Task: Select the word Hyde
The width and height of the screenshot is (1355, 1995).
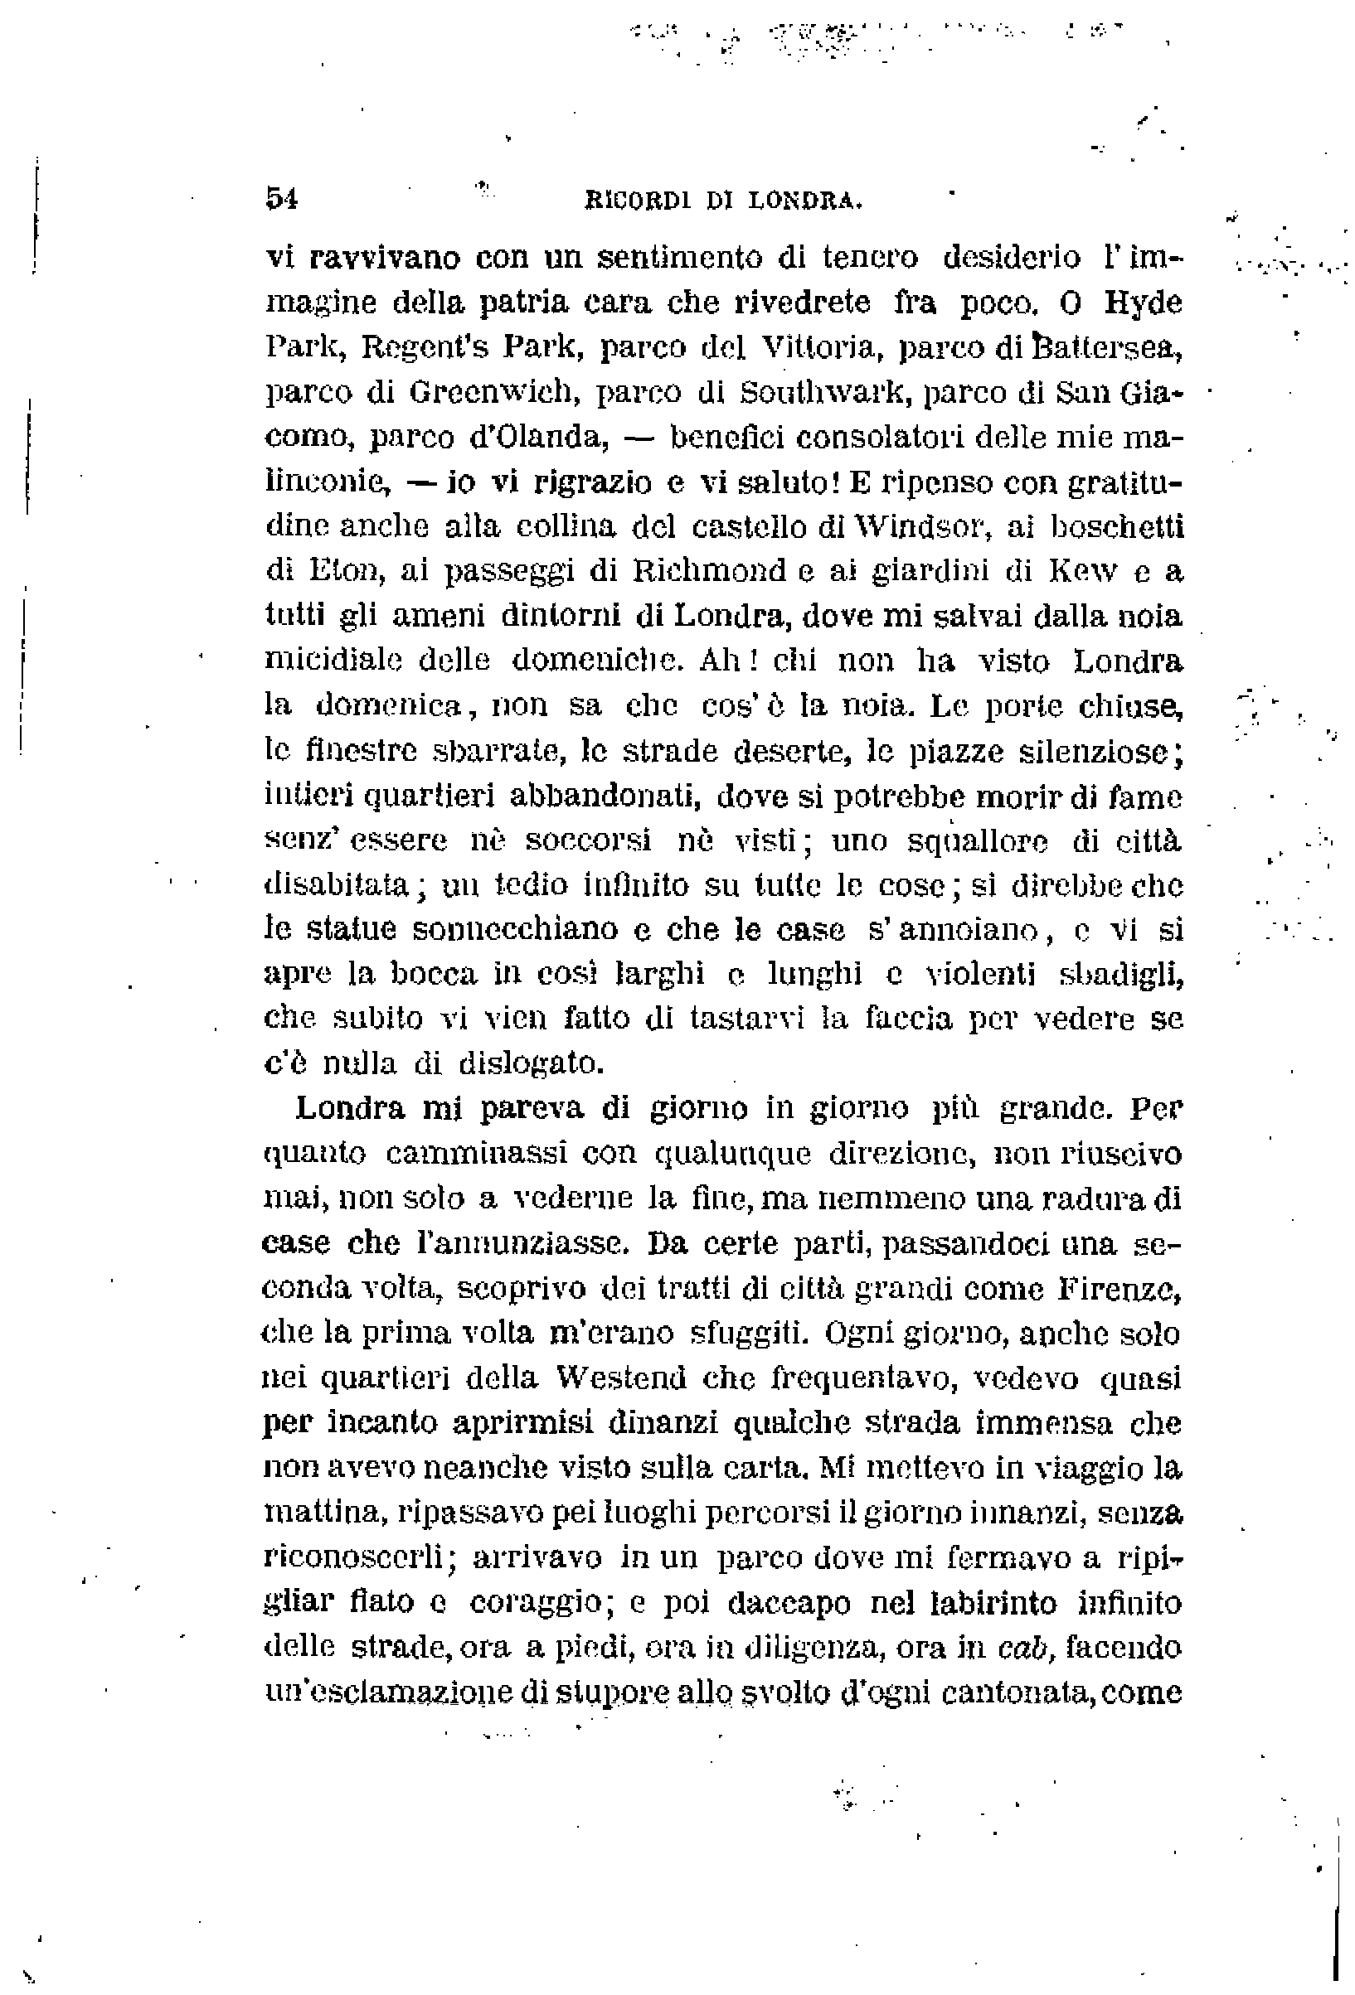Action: coord(1143,303)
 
